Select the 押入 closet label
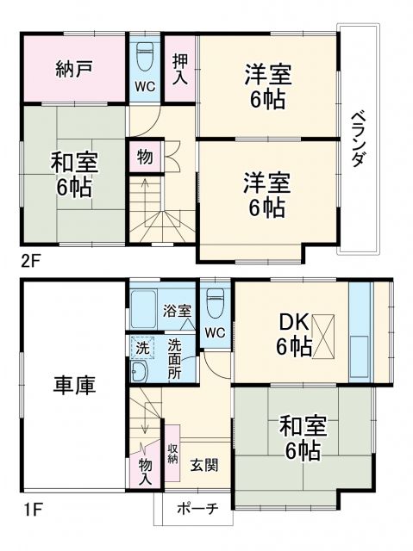(x=180, y=68)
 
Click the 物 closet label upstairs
(x=145, y=158)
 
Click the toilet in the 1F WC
(x=216, y=302)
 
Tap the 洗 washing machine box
(x=141, y=348)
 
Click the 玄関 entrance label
(x=204, y=465)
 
